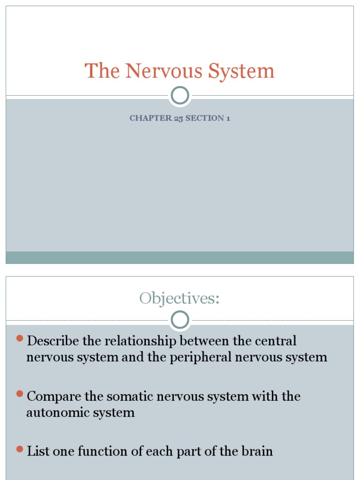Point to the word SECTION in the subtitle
click(x=205, y=118)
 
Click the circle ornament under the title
click(x=180, y=96)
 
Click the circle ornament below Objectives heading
click(x=180, y=321)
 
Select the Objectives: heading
click(x=180, y=298)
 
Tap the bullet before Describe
click(x=20, y=338)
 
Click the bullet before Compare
click(x=20, y=394)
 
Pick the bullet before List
click(x=20, y=449)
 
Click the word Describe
click(x=53, y=341)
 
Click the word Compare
click(x=53, y=397)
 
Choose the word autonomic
click(x=55, y=413)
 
